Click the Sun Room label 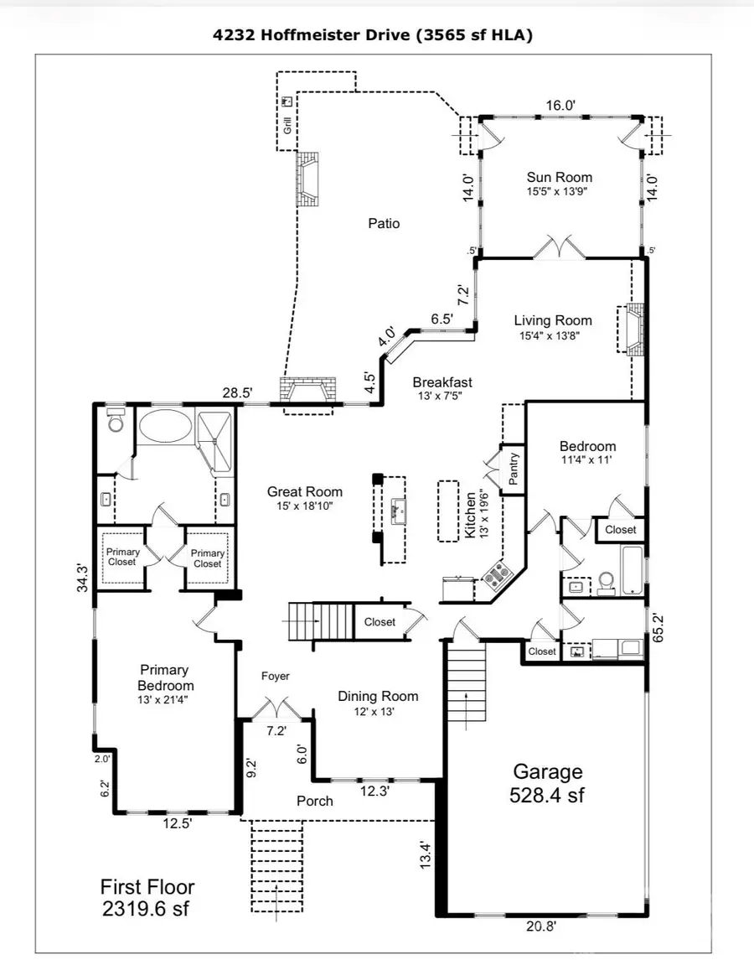559,177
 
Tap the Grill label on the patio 287,127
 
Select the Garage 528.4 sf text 547,782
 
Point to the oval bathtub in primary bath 165,426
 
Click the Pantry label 514,470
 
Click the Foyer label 275,676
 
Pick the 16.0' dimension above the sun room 560,105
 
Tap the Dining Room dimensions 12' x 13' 377,711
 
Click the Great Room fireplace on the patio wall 309,394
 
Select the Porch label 315,801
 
